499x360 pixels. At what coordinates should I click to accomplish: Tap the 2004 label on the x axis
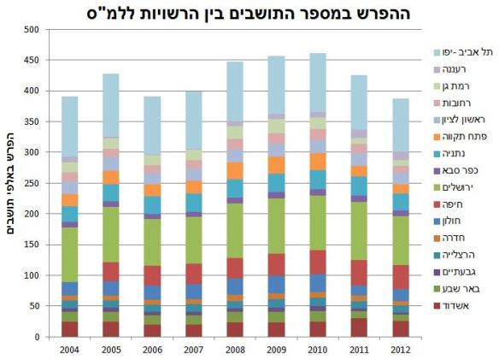pos(69,348)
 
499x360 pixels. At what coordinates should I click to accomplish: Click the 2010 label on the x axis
pos(318,348)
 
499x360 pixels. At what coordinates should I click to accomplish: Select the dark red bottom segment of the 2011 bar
pos(359,328)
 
